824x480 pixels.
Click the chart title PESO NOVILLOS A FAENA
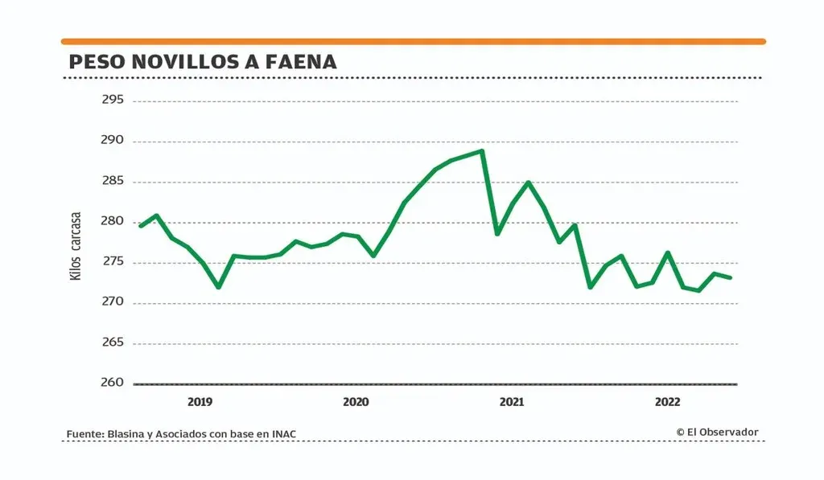pyautogui.click(x=202, y=62)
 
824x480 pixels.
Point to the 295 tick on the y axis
pyautogui.click(x=113, y=101)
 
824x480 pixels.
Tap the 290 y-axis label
pyautogui.click(x=113, y=141)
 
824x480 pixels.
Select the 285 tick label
pyautogui.click(x=113, y=182)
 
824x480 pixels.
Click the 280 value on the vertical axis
pyautogui.click(x=113, y=222)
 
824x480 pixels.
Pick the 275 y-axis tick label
pyautogui.click(x=113, y=262)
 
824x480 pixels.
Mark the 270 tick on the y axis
pyautogui.click(x=113, y=302)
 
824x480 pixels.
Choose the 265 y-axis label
pyautogui.click(x=113, y=343)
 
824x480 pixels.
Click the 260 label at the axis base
pyautogui.click(x=113, y=383)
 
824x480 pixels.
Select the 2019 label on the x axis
pyautogui.click(x=200, y=401)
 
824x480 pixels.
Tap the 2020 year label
pyautogui.click(x=356, y=401)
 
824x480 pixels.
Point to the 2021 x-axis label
pyautogui.click(x=512, y=401)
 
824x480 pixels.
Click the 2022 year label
pyautogui.click(x=668, y=401)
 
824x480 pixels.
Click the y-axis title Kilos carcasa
pyautogui.click(x=76, y=246)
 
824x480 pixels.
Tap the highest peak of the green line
pyautogui.click(x=481, y=150)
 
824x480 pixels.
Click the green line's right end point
pyautogui.click(x=730, y=277)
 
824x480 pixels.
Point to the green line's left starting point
pyautogui.click(x=140, y=226)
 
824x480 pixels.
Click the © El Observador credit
pyautogui.click(x=717, y=432)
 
